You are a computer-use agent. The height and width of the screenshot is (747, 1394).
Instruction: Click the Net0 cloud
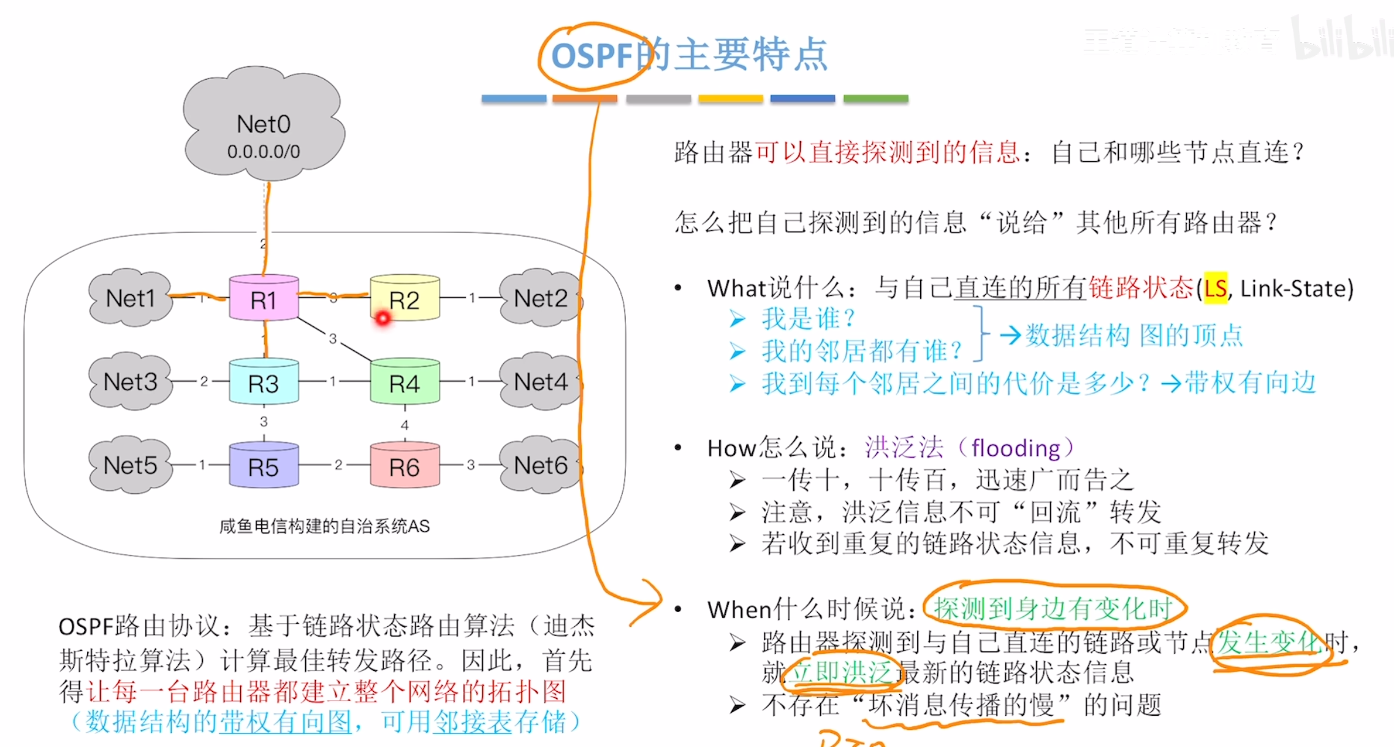tap(264, 126)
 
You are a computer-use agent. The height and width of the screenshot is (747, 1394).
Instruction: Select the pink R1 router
tap(264, 299)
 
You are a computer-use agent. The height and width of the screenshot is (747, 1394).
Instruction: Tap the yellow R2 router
tap(405, 299)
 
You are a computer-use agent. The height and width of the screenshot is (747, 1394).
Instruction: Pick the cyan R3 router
tap(264, 383)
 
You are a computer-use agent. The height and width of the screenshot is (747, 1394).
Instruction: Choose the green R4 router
tap(405, 383)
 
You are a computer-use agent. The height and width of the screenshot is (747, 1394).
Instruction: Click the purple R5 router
tap(264, 466)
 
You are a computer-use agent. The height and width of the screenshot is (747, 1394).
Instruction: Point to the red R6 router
tap(405, 466)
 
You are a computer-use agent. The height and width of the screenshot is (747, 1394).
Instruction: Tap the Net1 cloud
tap(130, 298)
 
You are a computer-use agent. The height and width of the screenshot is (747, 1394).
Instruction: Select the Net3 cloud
tap(130, 381)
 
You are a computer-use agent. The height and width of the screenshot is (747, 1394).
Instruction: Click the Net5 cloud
tap(130, 465)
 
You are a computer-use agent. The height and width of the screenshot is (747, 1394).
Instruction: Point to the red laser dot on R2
tap(383, 318)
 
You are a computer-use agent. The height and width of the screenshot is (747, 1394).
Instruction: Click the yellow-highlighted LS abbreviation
tap(1216, 288)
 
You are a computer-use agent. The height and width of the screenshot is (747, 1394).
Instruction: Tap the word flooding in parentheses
tap(1016, 448)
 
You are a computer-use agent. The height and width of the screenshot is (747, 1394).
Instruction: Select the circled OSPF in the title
tap(592, 56)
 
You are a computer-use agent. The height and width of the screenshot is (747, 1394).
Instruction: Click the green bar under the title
tap(875, 98)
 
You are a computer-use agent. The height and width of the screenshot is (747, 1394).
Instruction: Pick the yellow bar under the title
tap(730, 98)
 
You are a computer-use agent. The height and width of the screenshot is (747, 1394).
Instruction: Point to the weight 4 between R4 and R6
tap(405, 425)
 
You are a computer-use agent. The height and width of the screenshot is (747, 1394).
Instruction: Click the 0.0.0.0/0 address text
tap(264, 151)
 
